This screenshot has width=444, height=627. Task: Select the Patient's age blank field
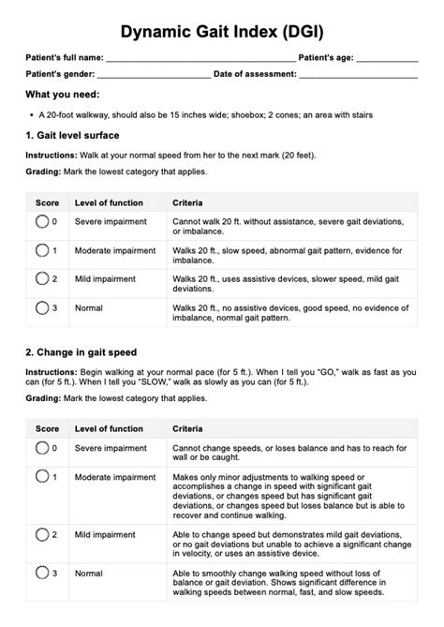387,60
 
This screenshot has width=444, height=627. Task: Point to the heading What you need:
63,95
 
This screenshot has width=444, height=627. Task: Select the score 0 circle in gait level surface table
42,222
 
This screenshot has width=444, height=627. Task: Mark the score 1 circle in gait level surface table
42,250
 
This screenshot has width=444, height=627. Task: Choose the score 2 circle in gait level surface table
42,278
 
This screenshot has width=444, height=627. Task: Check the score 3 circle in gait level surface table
42,306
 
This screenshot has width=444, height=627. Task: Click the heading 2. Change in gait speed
82,352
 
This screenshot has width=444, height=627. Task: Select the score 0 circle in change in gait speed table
42,449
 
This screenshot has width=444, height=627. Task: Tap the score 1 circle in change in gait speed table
42,477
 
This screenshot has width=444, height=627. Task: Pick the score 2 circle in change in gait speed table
42,534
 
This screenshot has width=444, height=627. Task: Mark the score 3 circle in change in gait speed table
42,572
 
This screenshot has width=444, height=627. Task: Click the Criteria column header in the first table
189,202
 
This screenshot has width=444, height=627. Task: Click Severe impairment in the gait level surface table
111,221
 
